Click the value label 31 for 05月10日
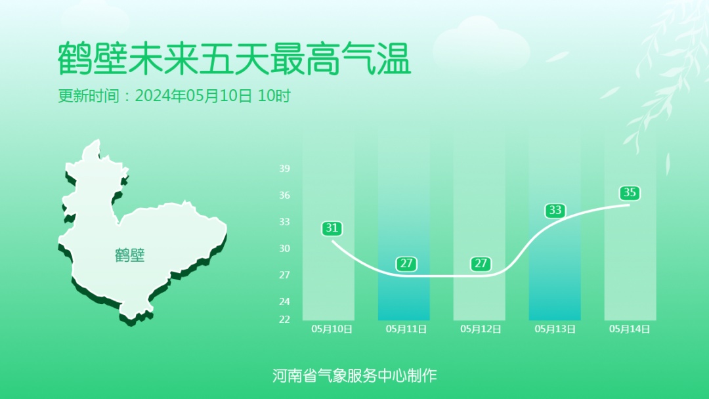[332, 228]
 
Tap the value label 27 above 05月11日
[406, 264]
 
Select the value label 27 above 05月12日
[481, 264]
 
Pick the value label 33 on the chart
[555, 211]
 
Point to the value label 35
[630, 193]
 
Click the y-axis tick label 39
[284, 169]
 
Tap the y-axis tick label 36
[284, 195]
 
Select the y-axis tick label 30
[284, 248]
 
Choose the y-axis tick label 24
[284, 301]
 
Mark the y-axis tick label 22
[284, 319]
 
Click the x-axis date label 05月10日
[332, 329]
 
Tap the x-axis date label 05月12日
[481, 329]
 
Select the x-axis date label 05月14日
[630, 329]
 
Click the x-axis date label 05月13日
[555, 329]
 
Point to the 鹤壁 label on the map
[130, 255]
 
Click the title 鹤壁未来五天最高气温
[234, 60]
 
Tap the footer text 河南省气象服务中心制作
[354, 375]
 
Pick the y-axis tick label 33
[284, 222]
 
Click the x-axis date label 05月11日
[406, 329]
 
